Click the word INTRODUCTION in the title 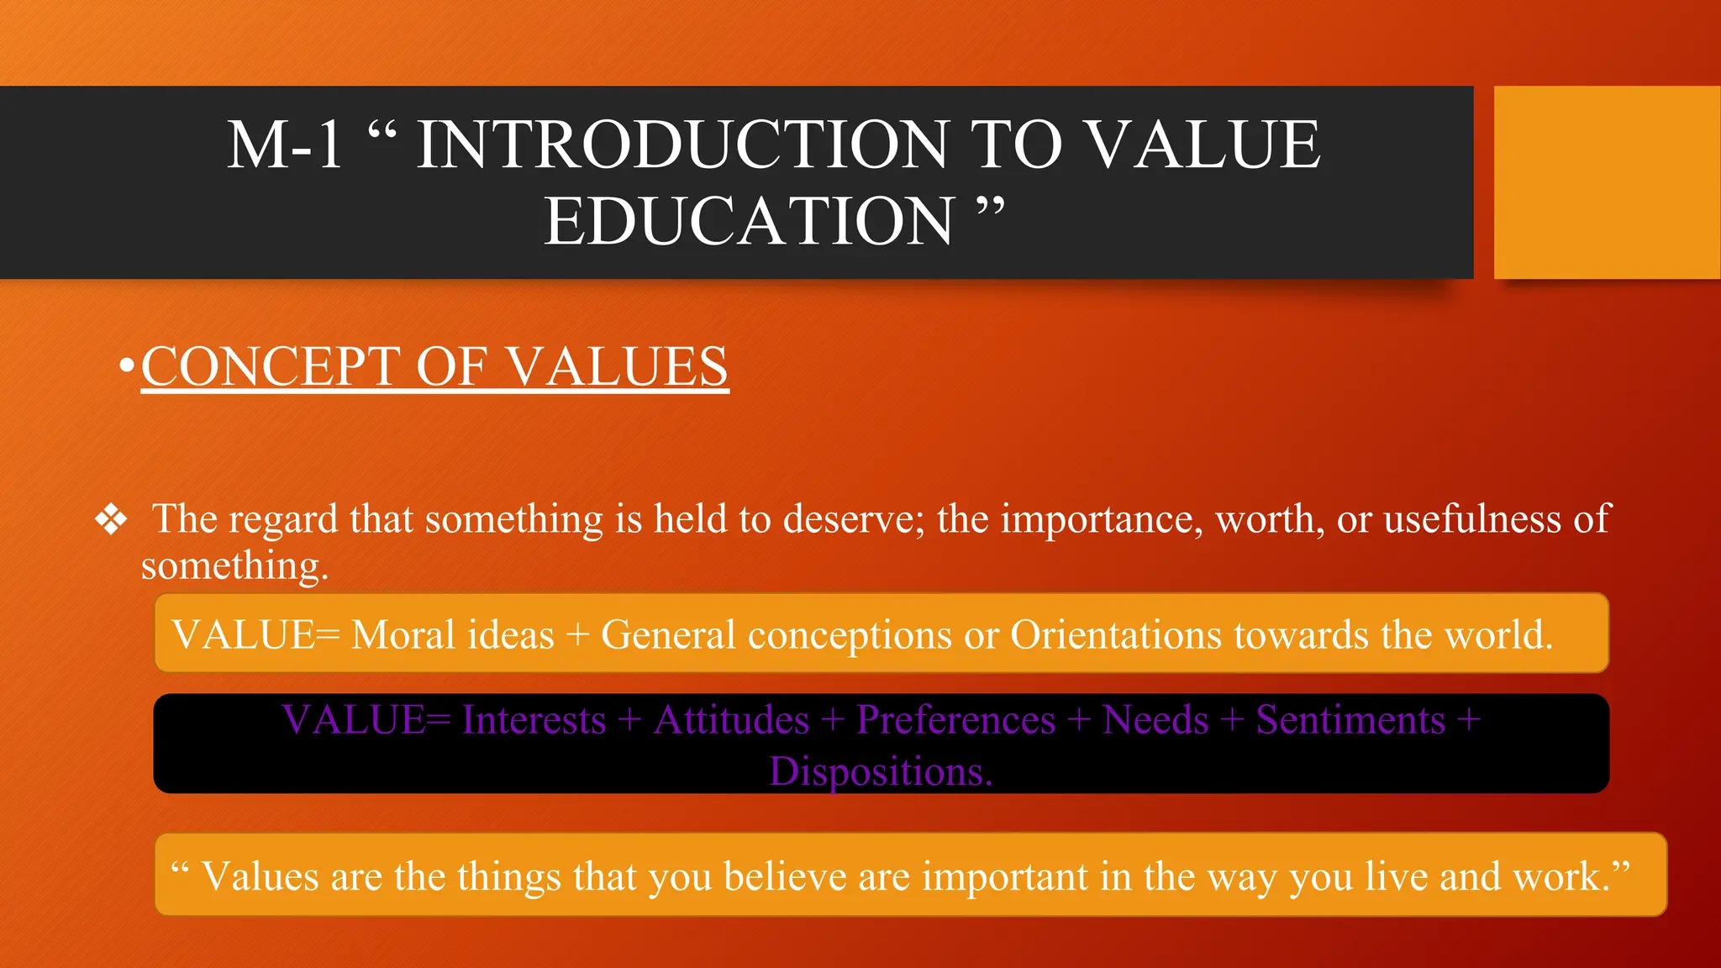point(682,145)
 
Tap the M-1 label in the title point(285,145)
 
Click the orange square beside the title point(1606,182)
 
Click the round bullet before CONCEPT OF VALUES point(127,366)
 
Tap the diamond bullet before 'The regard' point(111,520)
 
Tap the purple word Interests point(534,720)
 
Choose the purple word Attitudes point(731,720)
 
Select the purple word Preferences point(955,720)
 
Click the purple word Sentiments point(1350,720)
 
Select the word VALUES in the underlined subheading point(618,367)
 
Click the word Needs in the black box point(1155,720)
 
